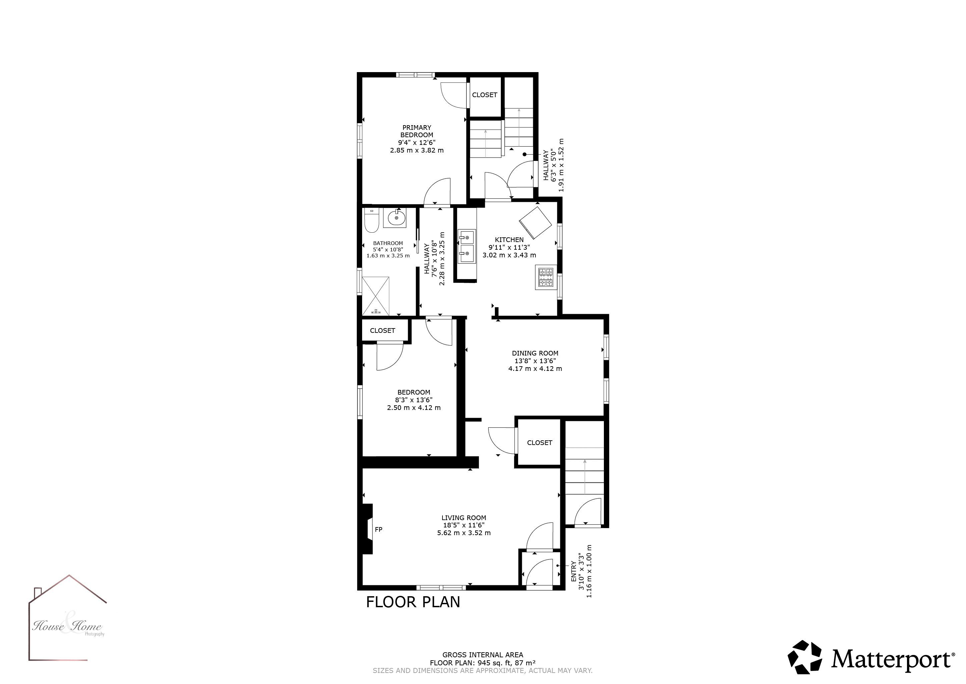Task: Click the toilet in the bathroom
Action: (371, 220)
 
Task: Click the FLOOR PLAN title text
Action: (413, 602)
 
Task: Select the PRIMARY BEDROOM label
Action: (416, 131)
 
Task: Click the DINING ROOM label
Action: (535, 354)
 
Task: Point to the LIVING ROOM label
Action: (463, 518)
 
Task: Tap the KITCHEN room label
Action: (509, 240)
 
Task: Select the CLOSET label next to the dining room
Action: (540, 443)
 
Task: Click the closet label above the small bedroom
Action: (382, 330)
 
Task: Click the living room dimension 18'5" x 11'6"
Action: (463, 525)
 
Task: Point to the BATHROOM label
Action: (388, 243)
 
